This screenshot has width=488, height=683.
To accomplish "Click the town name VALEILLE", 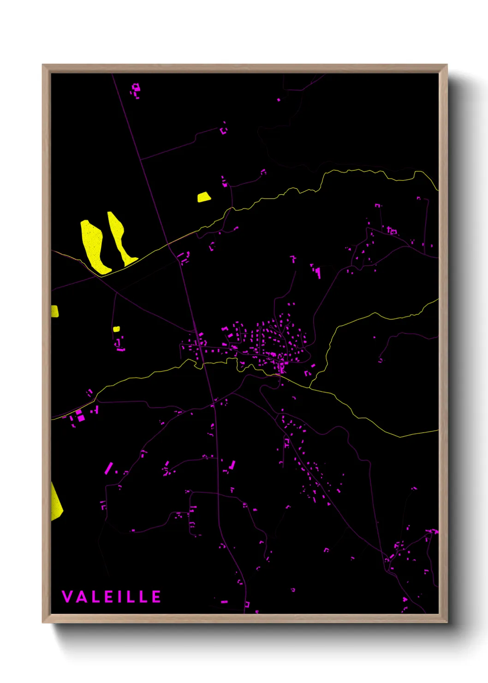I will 111,597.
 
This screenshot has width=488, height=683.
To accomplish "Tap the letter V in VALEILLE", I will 67,597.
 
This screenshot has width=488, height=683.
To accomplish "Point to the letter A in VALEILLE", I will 81,597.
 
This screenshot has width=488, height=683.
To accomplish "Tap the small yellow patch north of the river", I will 203,197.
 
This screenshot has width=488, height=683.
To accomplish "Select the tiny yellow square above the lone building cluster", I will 116,329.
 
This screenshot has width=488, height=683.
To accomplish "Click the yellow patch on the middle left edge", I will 54,311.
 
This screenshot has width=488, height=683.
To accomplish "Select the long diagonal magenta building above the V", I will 108,468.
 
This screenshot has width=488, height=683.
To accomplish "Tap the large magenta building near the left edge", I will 80,417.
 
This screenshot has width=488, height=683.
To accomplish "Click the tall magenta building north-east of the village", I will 319,273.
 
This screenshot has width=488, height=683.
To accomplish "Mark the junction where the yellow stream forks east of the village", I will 309,386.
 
